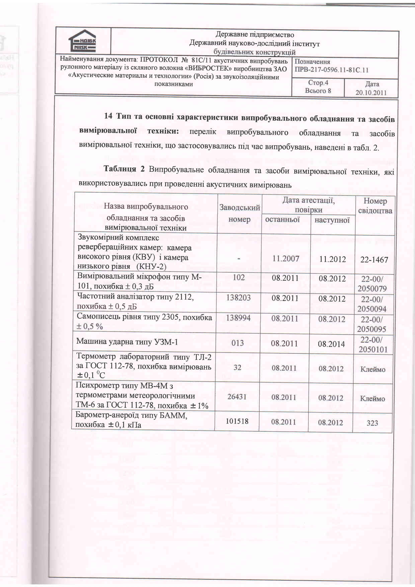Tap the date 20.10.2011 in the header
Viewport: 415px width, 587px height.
coord(371,93)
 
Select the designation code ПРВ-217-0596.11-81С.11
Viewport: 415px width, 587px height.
coord(331,70)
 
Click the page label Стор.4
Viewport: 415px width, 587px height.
coord(318,83)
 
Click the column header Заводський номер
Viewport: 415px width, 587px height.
coord(239,213)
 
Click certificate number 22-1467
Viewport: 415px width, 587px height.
coord(374,260)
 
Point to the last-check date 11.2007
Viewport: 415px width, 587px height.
coord(285,259)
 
